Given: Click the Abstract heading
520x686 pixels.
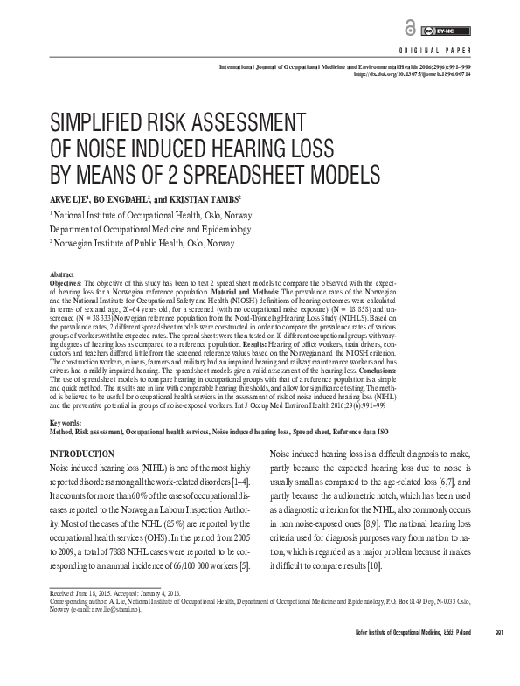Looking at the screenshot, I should [63, 274].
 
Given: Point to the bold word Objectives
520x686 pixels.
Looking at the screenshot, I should [69, 283].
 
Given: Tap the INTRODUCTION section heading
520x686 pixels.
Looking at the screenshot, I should [82, 454].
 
